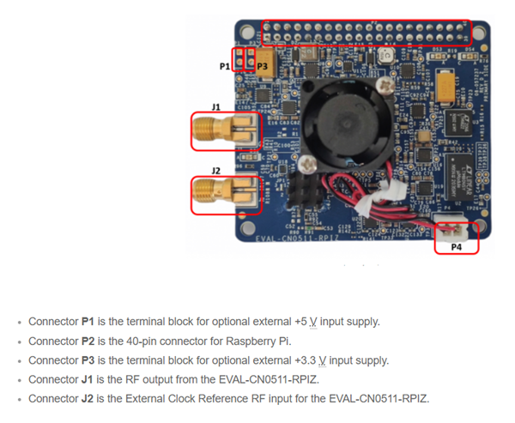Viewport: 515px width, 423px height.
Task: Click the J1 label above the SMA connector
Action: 216,106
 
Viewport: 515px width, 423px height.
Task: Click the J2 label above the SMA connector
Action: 216,171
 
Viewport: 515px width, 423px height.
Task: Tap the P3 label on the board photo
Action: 263,65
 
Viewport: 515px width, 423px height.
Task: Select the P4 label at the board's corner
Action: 457,246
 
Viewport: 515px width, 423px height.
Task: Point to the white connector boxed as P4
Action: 456,230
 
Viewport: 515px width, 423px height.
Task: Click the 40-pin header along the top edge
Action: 367,33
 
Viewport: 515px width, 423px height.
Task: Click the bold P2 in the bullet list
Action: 88,341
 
